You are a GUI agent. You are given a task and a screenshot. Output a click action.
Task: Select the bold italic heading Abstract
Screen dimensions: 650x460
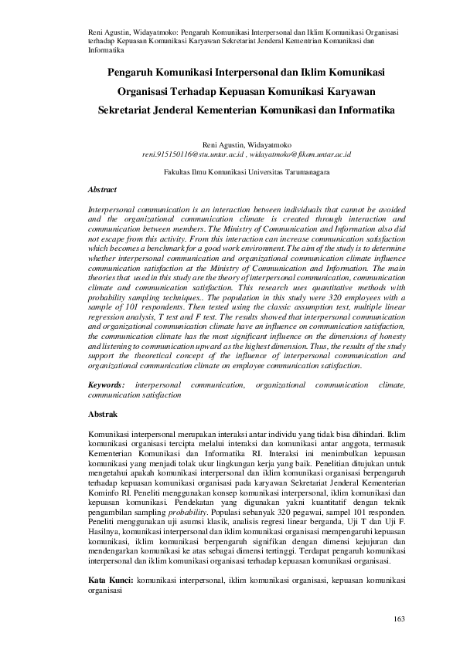point(102,189)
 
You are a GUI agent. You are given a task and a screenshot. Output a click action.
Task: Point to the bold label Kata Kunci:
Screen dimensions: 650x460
point(111,579)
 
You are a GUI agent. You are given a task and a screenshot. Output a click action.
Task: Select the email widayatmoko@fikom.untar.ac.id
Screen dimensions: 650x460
point(305,154)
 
